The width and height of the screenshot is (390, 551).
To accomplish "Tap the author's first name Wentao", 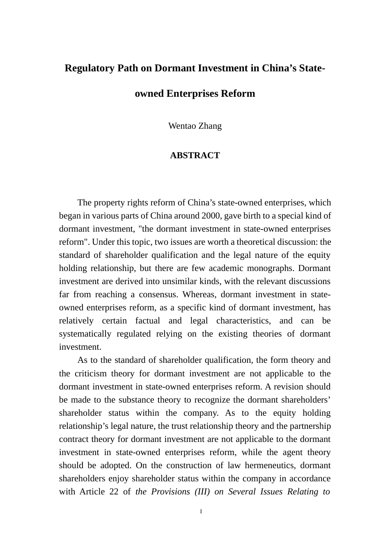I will (182, 126).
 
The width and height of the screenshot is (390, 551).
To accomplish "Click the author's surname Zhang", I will (210, 126).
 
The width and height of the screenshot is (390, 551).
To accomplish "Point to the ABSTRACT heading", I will (195, 155).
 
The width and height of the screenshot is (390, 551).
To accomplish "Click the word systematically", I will (85, 334).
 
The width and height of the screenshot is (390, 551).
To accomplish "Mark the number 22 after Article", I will (114, 492).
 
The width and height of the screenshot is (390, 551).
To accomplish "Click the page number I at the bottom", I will (201, 512).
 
